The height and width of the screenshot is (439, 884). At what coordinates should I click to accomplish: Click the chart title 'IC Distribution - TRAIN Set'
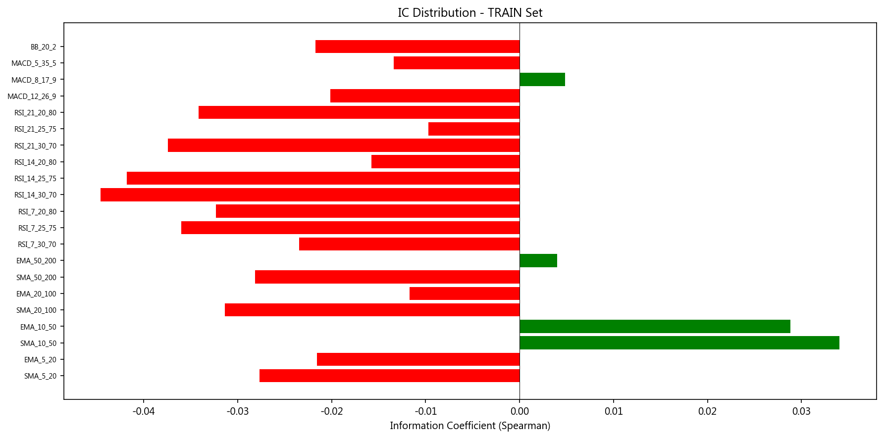tap(469, 13)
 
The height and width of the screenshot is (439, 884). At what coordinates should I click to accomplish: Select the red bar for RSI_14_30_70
tap(310, 195)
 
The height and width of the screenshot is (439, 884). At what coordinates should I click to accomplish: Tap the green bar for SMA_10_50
tap(679, 343)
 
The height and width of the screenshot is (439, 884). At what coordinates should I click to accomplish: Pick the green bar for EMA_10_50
tap(655, 327)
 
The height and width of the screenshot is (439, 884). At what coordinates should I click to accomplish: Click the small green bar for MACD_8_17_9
tap(542, 80)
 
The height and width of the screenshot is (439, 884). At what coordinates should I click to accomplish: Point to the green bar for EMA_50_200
tap(538, 261)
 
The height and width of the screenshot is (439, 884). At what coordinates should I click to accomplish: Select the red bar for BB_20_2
tap(417, 47)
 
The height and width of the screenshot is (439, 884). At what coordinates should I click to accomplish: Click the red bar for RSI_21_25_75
tap(474, 129)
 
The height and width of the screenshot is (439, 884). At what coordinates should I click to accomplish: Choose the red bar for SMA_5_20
tap(389, 376)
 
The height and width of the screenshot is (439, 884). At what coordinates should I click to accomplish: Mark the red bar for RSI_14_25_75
tap(323, 178)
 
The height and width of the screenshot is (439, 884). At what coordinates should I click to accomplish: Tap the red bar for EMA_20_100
tap(465, 293)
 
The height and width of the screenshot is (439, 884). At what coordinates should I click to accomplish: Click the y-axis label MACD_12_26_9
tap(32, 97)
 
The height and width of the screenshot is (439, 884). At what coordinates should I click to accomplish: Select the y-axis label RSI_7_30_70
tap(37, 244)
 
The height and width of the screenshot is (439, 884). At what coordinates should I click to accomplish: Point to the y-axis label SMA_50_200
tap(36, 278)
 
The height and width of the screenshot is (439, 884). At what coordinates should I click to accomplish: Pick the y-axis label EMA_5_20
tap(40, 360)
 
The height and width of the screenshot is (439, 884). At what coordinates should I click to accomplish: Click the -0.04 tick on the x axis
tap(144, 411)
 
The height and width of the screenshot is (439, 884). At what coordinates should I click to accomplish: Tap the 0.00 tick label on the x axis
tap(520, 411)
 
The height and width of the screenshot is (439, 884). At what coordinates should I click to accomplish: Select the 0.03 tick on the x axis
tap(801, 411)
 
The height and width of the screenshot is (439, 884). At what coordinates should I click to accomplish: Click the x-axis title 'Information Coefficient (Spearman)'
tap(469, 426)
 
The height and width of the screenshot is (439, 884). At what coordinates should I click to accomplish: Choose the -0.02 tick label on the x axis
tap(331, 411)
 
